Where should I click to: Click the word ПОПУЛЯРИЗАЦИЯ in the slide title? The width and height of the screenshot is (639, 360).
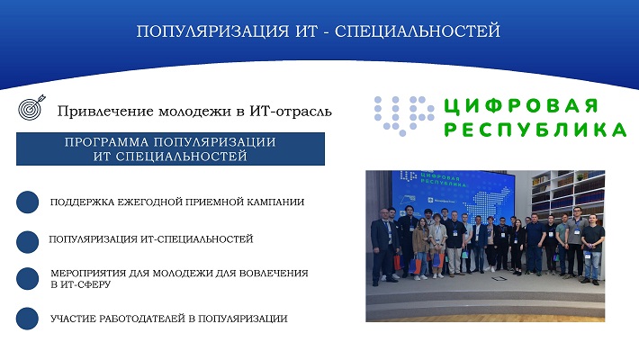[x=212, y=31]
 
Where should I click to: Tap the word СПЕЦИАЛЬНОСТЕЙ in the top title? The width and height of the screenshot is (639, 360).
[x=418, y=31]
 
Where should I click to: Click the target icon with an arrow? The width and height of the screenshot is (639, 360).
[x=31, y=107]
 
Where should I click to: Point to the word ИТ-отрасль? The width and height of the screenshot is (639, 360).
[x=291, y=111]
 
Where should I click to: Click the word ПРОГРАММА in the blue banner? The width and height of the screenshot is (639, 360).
[x=107, y=142]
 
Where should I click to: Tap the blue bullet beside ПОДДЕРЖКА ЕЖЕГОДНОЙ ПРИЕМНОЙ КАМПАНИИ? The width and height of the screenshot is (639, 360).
[x=27, y=202]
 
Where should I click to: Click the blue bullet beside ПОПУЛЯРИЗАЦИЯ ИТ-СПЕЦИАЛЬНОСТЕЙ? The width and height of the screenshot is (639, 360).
[x=27, y=242]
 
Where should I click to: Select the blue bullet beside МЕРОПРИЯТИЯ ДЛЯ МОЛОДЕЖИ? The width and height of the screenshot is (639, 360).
[x=27, y=278]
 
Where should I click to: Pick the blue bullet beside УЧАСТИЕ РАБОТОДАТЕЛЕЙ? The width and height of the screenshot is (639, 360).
[x=27, y=319]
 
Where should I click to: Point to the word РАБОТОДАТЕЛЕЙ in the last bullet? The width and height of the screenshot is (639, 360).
[x=142, y=319]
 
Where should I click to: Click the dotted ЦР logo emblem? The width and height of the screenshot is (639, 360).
[x=404, y=116]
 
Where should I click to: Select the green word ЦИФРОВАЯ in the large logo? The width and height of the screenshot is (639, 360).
[x=520, y=106]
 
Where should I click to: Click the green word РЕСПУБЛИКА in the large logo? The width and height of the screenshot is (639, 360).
[x=535, y=130]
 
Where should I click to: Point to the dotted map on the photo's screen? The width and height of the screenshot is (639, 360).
[x=488, y=204]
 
